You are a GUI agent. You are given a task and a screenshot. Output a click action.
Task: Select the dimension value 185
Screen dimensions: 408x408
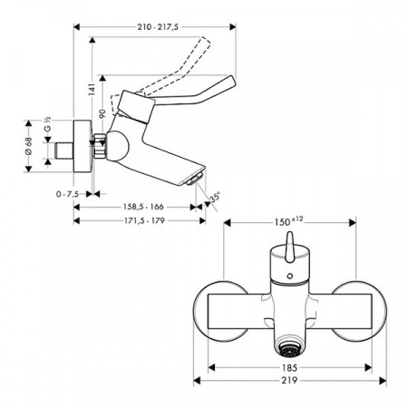pos(288,368)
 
